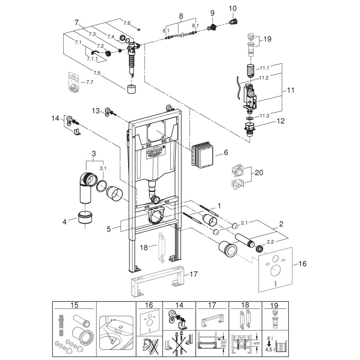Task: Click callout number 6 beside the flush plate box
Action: click(x=226, y=153)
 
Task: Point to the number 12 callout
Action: click(x=280, y=121)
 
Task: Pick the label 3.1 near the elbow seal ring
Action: click(x=103, y=168)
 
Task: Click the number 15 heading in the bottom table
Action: click(x=75, y=305)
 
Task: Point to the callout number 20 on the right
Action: click(x=258, y=172)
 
